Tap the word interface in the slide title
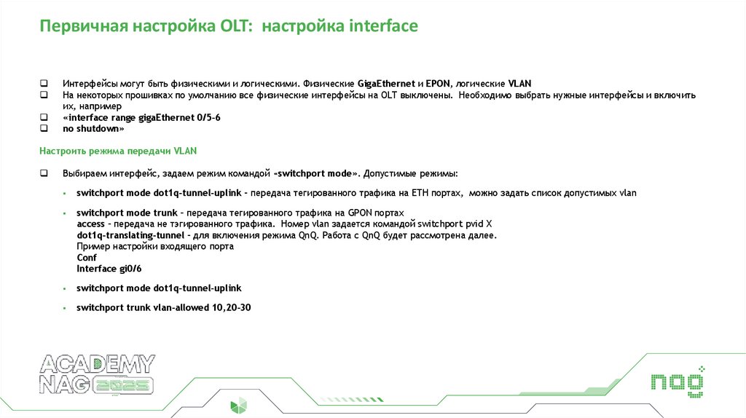[383, 27]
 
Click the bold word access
[90, 224]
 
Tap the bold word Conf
[86, 257]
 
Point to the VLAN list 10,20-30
[231, 307]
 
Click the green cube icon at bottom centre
[239, 406]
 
